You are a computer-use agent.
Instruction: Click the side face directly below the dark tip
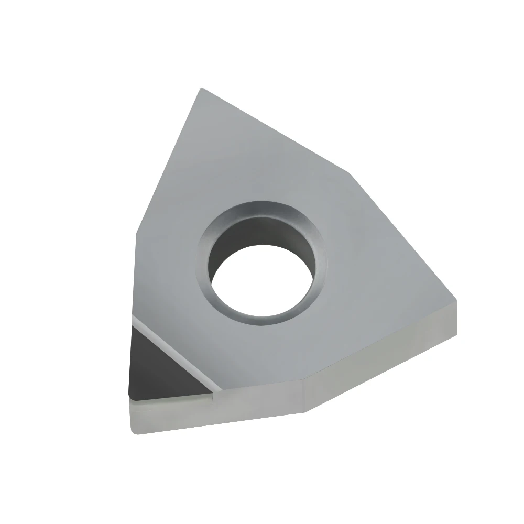[x=168, y=414]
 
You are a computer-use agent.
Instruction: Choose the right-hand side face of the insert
[x=383, y=362]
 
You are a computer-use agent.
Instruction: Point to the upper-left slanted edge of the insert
[x=168, y=162]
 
